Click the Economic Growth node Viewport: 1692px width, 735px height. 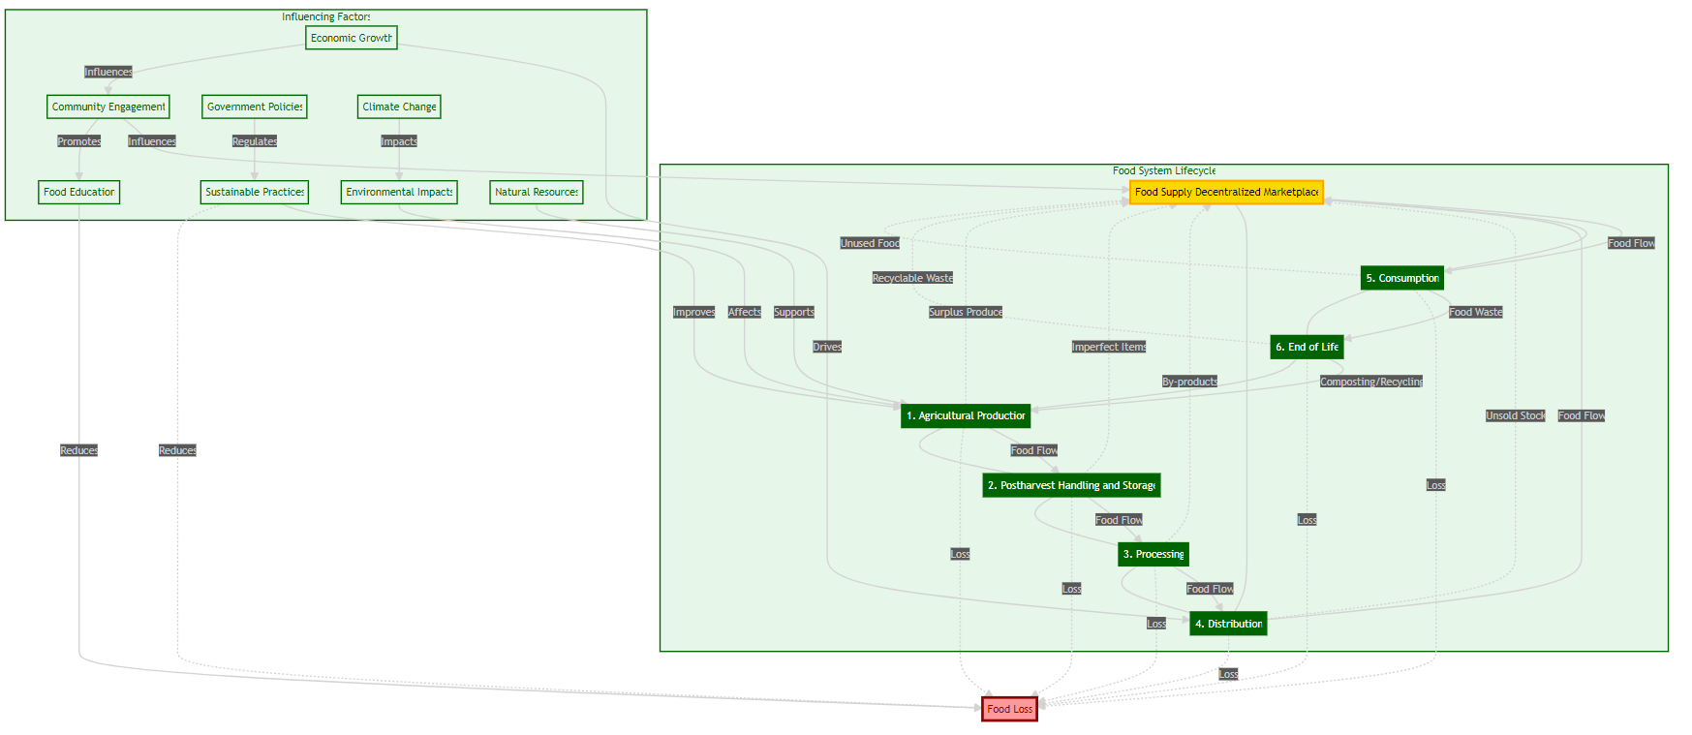pos(351,38)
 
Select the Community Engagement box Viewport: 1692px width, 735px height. pos(108,107)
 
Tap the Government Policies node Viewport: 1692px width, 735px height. pos(255,107)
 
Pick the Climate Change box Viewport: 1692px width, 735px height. pos(399,107)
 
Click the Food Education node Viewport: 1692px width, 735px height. pos(79,192)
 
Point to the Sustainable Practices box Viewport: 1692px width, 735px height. pos(255,192)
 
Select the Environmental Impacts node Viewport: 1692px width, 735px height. pos(399,192)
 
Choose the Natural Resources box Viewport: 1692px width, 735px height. pos(537,192)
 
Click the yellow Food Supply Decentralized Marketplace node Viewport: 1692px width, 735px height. pos(1226,192)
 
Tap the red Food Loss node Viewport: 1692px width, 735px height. pos(1009,709)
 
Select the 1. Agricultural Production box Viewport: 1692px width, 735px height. pos(966,415)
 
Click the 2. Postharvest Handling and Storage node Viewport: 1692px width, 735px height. pos(1071,485)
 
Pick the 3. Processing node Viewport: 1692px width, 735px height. pos(1154,554)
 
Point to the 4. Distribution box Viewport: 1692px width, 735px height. pos(1228,624)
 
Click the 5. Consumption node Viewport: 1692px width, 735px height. pos(1402,278)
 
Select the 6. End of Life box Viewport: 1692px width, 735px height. pos(1307,347)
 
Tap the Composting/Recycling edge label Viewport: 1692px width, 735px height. pos(1371,382)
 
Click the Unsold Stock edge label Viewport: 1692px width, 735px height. pos(1516,415)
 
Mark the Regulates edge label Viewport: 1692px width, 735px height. pos(255,141)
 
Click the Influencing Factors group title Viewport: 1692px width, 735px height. pos(326,16)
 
